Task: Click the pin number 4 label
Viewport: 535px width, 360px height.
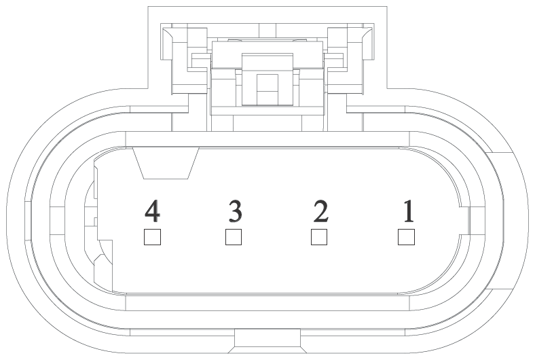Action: click(x=152, y=211)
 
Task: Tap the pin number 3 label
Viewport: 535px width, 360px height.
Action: click(x=235, y=211)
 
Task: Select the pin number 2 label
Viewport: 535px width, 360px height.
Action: click(x=320, y=211)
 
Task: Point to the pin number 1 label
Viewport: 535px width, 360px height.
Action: click(x=409, y=211)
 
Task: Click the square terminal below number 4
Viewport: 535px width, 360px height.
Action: click(x=152, y=237)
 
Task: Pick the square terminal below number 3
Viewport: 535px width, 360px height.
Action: click(x=234, y=237)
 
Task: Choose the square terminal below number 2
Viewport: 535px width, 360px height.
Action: click(x=319, y=237)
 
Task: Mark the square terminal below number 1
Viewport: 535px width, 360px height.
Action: click(x=406, y=237)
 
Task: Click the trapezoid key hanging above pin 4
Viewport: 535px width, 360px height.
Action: click(x=166, y=163)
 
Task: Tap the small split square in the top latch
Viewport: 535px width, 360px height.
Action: click(x=267, y=90)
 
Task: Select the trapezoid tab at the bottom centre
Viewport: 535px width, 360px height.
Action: click(x=267, y=341)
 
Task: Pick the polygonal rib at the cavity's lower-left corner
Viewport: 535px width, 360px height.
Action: click(x=103, y=266)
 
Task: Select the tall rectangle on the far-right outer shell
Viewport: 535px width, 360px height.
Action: click(x=502, y=221)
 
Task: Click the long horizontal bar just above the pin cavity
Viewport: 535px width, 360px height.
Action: click(x=267, y=139)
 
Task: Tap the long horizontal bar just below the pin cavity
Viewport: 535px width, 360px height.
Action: click(x=267, y=304)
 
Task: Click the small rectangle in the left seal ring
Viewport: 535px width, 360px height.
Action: click(x=57, y=221)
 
